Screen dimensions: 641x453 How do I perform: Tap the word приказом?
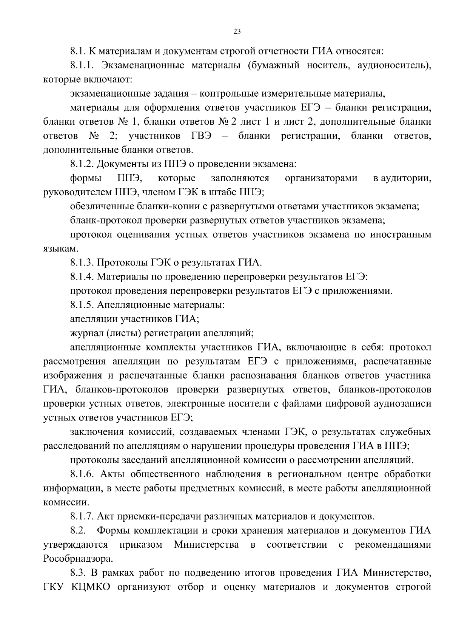click(141, 545)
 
